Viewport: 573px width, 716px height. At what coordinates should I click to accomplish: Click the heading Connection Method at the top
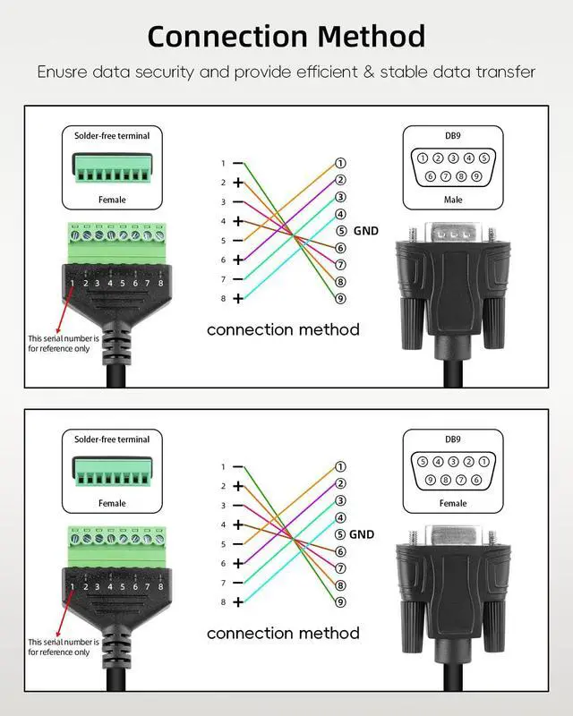coord(286,37)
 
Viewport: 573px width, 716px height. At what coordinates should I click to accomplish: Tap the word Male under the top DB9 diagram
coord(453,200)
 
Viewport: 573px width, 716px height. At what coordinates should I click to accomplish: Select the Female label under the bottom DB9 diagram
coord(453,503)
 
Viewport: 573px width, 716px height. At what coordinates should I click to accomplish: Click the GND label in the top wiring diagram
coord(366,231)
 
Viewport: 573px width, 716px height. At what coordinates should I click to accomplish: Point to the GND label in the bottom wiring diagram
coord(362,534)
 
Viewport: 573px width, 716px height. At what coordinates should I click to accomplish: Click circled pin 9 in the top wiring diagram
coord(340,298)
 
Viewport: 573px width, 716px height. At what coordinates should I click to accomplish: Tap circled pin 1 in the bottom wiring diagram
coord(340,466)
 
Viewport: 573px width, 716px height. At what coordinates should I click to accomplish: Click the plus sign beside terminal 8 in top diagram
coord(238,298)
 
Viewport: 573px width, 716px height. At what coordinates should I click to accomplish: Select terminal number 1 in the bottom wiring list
coord(223,467)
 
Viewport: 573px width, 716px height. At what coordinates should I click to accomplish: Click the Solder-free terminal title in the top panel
coord(112,136)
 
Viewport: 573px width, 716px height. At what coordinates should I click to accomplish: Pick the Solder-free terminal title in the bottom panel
coord(112,439)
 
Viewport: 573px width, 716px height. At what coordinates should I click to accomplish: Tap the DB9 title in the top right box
coord(453,136)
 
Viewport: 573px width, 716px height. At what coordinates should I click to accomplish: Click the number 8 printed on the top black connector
coord(160,283)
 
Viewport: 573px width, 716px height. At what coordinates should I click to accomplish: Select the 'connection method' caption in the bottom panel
coord(283,633)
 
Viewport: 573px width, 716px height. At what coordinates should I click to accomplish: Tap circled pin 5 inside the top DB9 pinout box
coord(483,158)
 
